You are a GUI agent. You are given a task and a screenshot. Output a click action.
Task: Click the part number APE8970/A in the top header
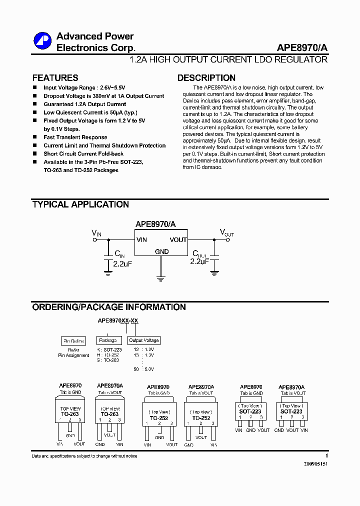[x=302, y=48]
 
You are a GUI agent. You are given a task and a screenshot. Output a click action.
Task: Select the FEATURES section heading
[x=55, y=78]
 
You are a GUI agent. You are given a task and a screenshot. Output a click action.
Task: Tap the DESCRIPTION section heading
[x=206, y=78]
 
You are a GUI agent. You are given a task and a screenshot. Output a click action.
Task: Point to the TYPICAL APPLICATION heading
[x=80, y=204]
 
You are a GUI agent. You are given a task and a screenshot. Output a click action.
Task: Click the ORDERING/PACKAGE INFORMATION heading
[x=109, y=307]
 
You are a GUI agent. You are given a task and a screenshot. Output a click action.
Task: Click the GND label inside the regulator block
[x=161, y=251]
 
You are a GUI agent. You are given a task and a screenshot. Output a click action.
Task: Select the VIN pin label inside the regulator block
[x=141, y=240]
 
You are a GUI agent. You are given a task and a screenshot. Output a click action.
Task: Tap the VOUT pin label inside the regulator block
[x=178, y=240]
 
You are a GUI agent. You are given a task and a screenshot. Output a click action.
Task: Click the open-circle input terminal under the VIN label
[x=95, y=240]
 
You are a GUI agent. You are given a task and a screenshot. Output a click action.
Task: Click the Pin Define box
[x=73, y=341]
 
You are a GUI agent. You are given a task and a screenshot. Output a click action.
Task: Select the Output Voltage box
[x=143, y=340]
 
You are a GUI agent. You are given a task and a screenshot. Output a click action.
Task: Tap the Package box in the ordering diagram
[x=107, y=340]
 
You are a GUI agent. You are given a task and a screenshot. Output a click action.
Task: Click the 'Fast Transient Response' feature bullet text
[x=75, y=137]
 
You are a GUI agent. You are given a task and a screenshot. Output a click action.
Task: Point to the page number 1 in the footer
[x=326, y=456]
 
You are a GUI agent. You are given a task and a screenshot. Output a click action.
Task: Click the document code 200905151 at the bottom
[x=315, y=464]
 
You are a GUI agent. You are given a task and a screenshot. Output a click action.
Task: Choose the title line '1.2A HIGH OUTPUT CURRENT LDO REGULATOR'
[x=228, y=60]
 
